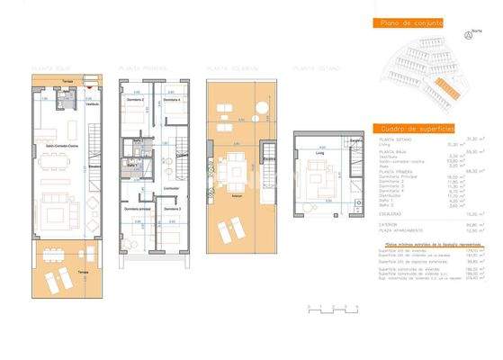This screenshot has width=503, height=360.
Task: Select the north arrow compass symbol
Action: pyautogui.click(x=469, y=35)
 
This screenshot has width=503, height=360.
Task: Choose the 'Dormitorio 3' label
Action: pyautogui.click(x=173, y=209)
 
